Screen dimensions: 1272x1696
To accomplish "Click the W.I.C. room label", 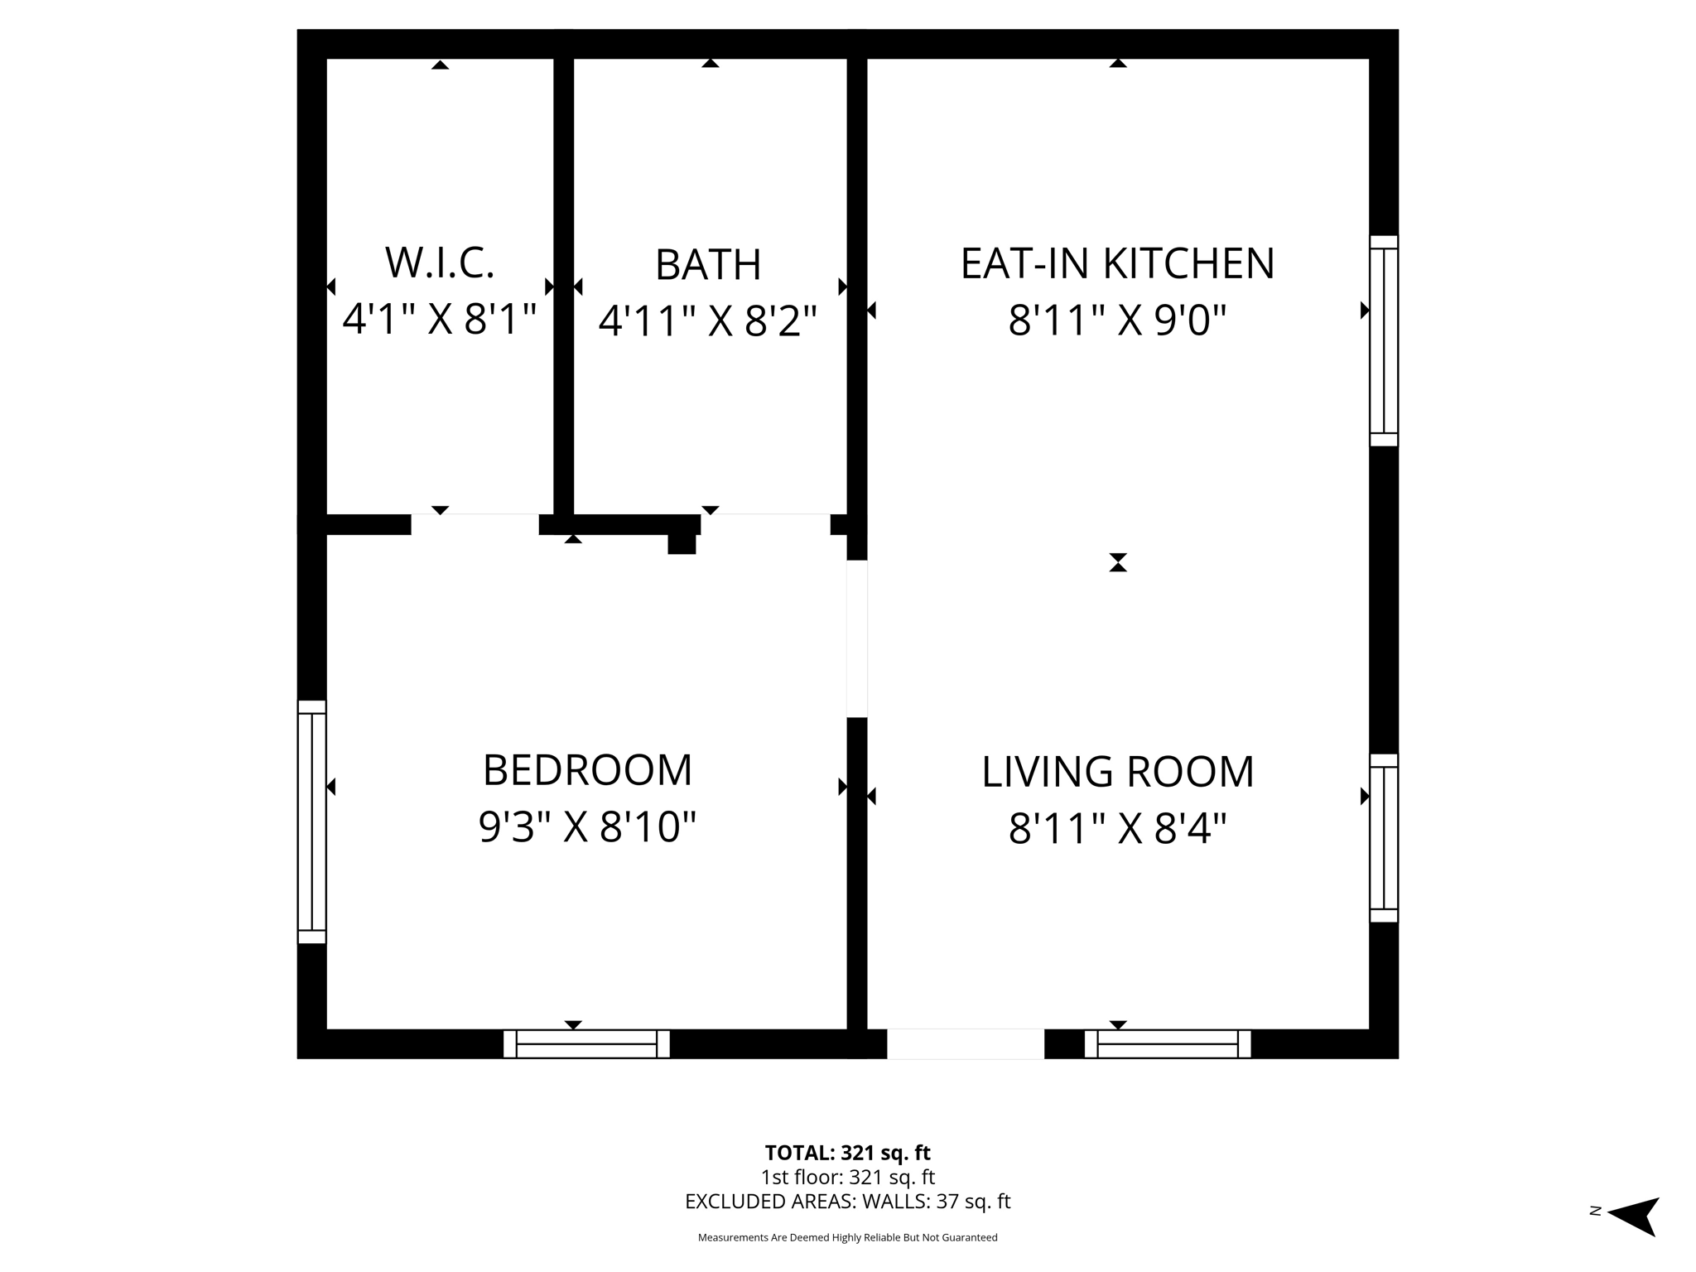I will click(440, 263).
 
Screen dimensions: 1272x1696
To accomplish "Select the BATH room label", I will click(708, 265).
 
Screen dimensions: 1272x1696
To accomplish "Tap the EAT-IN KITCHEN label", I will click(1117, 263).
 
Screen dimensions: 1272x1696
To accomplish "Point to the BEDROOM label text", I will click(587, 770).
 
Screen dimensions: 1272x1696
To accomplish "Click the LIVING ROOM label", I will click(1117, 772).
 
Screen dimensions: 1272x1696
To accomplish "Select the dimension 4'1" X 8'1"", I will click(440, 319).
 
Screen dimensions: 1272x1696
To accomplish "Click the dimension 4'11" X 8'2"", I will click(708, 321).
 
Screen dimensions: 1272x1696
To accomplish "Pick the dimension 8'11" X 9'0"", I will click(1117, 320).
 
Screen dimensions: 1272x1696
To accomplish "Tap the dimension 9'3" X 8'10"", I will click(587, 826).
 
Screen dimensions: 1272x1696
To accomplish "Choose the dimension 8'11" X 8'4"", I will click(1117, 828).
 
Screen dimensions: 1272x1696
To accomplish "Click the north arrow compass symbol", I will click(1633, 1217).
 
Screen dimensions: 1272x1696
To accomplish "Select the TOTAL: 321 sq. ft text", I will click(847, 1153).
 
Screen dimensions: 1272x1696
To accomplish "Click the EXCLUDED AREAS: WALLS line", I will click(847, 1202).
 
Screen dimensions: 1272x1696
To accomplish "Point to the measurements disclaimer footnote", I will click(847, 1237).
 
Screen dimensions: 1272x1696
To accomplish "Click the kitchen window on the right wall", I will click(1383, 340).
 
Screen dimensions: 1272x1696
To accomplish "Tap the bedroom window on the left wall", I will click(312, 821).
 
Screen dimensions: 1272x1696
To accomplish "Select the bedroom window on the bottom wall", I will click(586, 1043).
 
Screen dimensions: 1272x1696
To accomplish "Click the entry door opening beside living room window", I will click(966, 1043).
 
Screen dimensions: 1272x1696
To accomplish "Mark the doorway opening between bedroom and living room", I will click(857, 638).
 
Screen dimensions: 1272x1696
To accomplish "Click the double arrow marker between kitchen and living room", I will click(1118, 562).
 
